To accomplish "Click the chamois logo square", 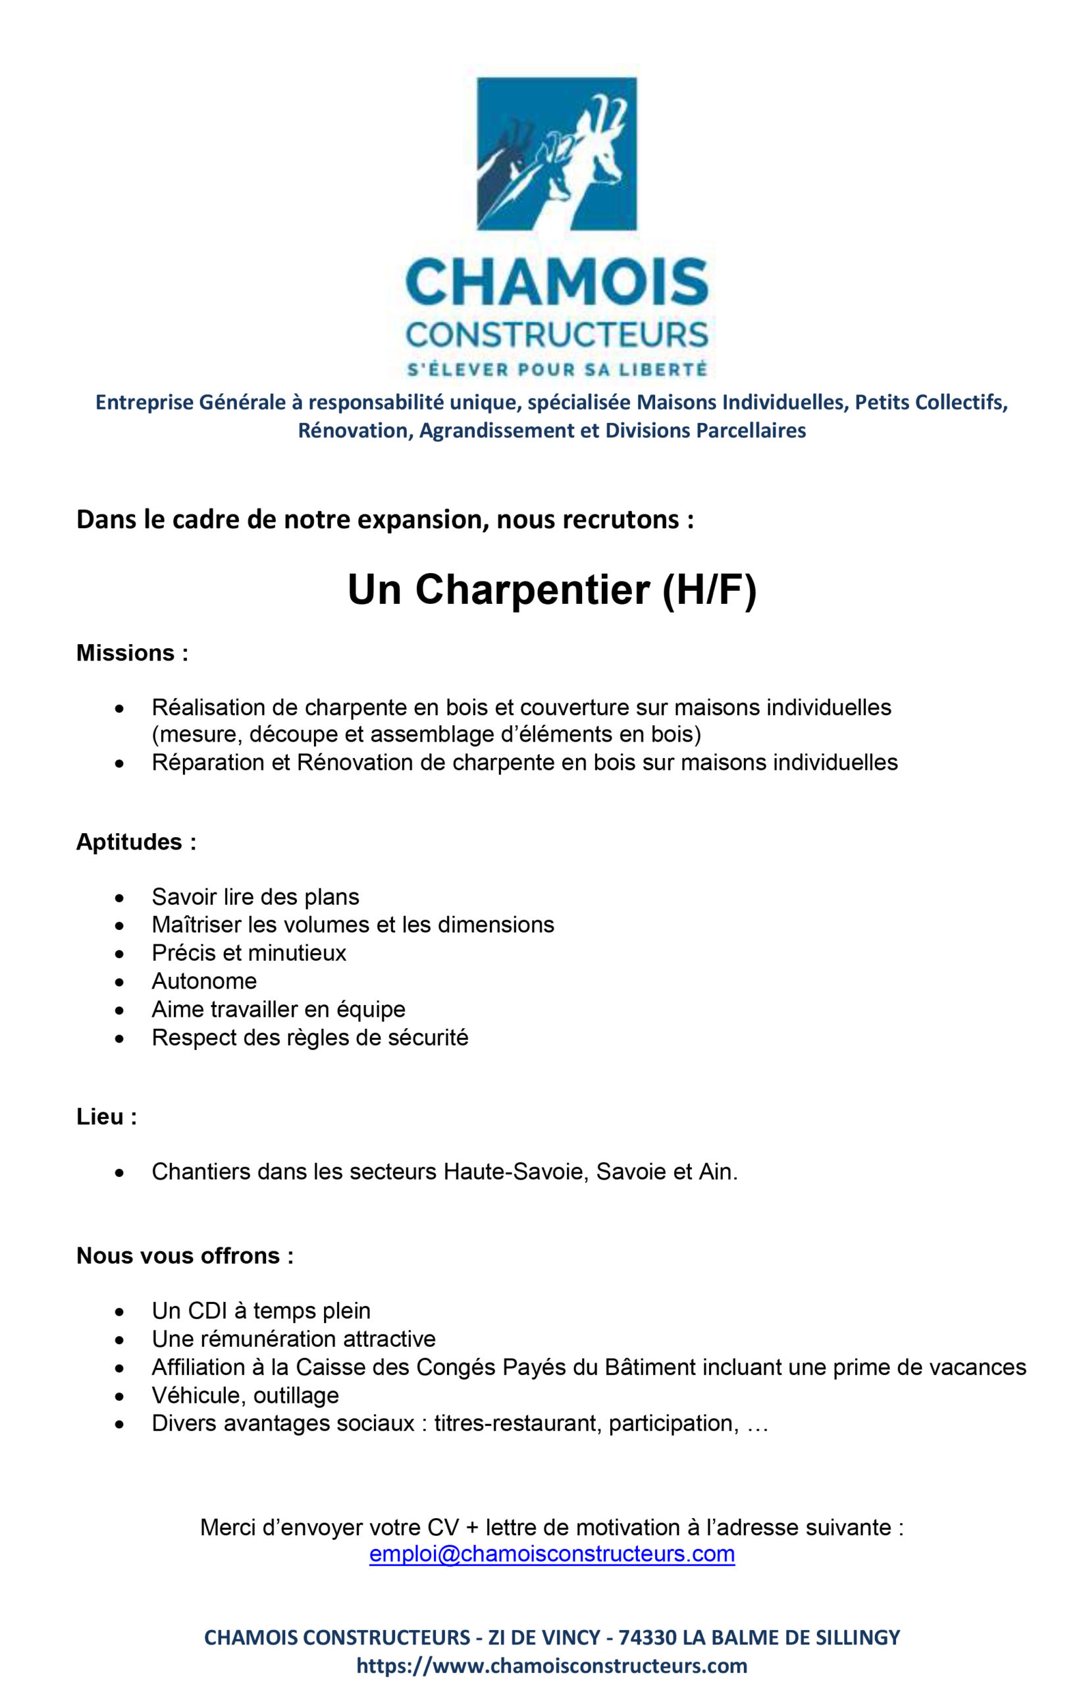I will (x=556, y=153).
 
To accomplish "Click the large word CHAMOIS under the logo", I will (x=556, y=280).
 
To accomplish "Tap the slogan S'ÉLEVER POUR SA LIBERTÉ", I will (x=557, y=369).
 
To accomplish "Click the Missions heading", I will (x=132, y=653).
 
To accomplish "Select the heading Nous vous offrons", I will (x=185, y=1255).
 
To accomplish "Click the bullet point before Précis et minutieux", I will (x=120, y=954).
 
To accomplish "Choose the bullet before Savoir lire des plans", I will (x=120, y=898).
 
